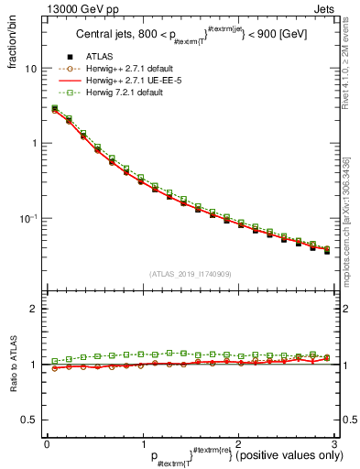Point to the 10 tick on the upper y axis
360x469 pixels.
pos(30,69)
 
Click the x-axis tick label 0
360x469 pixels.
pos(47,443)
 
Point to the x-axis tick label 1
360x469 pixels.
pos(142,443)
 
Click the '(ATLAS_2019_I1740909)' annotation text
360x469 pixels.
pos(190,273)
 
